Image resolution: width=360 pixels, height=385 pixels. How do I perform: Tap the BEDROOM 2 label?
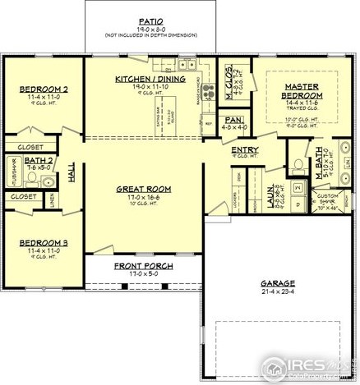[43, 89]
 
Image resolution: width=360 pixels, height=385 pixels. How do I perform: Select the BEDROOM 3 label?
[43, 243]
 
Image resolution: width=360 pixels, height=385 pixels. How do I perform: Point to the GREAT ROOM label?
[144, 188]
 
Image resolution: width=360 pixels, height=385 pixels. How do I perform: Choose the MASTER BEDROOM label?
[302, 90]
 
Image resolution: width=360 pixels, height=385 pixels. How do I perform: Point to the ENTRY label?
[245, 149]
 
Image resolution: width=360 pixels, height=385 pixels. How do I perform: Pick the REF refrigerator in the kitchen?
[210, 125]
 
